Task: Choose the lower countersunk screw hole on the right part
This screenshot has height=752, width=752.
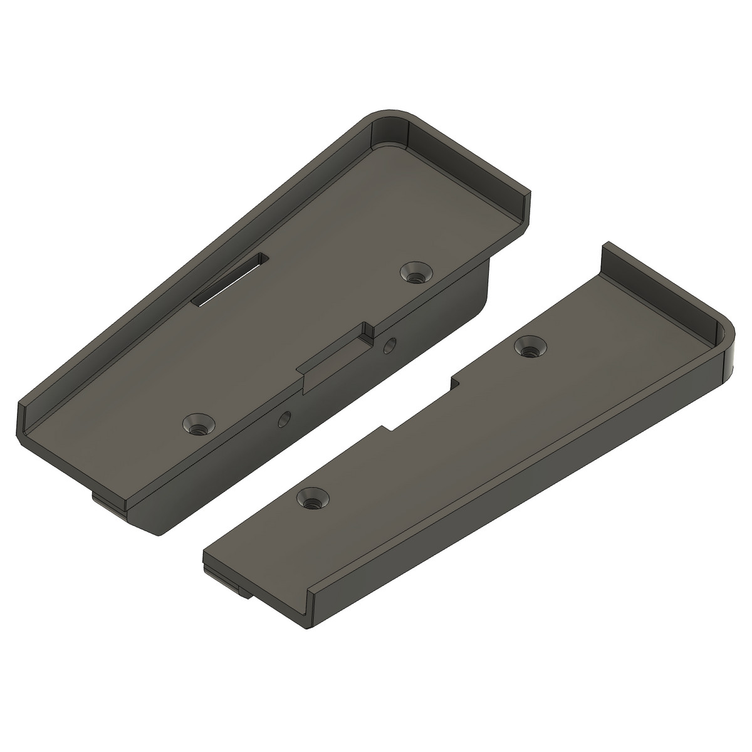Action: (312, 498)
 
